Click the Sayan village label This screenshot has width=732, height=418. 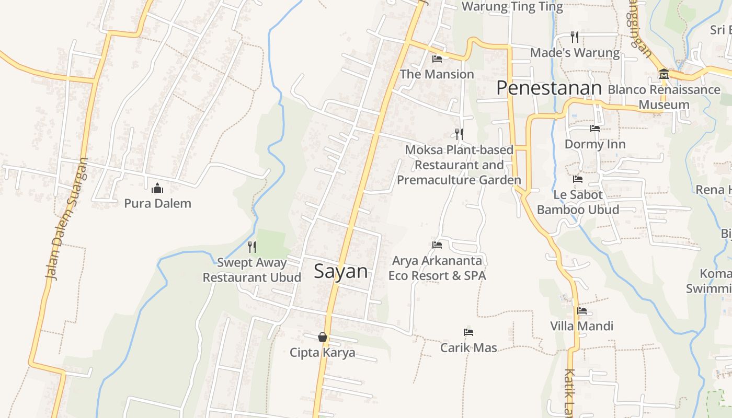tap(341, 271)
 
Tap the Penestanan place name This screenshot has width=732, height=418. tap(549, 88)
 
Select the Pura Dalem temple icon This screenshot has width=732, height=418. tap(157, 188)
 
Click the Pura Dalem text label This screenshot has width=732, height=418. tap(157, 203)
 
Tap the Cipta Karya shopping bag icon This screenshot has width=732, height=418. tap(323, 337)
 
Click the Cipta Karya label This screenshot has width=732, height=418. tap(323, 353)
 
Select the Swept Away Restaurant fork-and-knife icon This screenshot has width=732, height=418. tap(251, 247)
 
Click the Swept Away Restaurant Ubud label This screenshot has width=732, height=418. tap(252, 270)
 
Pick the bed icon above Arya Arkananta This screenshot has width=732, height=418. tap(437, 245)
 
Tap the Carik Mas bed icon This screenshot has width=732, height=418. tap(468, 332)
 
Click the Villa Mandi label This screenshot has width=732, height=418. tap(581, 326)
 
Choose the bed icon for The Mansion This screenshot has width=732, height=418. tap(437, 59)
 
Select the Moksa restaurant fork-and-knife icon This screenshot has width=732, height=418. tap(459, 134)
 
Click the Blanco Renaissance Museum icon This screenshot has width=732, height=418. tap(664, 74)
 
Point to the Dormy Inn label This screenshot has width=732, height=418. tap(595, 144)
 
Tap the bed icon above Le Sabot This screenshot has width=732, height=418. tap(578, 179)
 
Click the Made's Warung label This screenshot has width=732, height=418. tap(575, 53)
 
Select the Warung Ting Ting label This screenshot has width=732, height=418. tap(512, 7)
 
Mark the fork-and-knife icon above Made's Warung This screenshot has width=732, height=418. tap(575, 37)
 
